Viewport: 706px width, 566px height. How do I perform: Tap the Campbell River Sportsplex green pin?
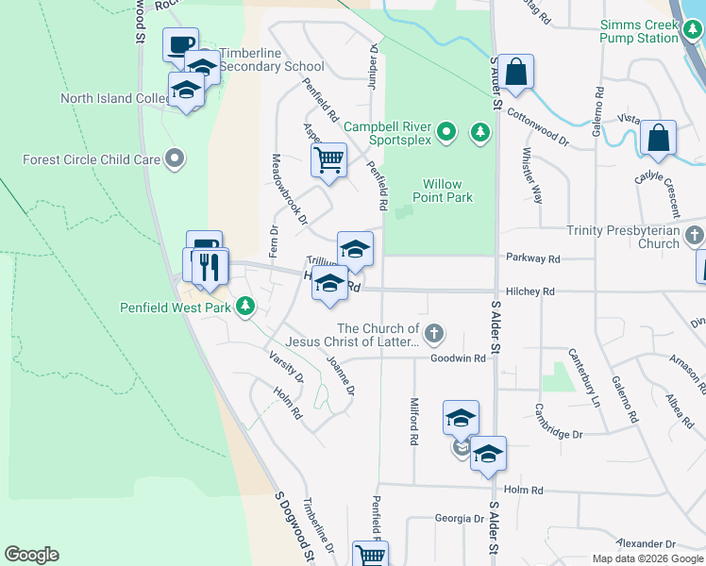(447, 131)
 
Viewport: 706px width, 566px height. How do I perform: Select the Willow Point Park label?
(442, 191)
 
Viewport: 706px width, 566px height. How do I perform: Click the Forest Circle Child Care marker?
(173, 159)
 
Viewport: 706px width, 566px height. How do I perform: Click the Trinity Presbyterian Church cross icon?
(696, 234)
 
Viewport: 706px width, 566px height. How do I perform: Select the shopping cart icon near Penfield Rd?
(328, 159)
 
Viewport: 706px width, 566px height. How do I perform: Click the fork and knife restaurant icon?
(210, 266)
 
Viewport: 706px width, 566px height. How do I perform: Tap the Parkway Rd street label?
(532, 258)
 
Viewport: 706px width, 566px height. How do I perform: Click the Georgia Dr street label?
(459, 518)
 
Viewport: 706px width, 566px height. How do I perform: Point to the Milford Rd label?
(414, 421)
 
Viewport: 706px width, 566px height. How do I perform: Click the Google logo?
(31, 555)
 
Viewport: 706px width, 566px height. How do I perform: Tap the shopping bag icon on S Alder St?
(516, 72)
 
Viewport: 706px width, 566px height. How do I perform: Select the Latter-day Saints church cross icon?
(434, 332)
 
